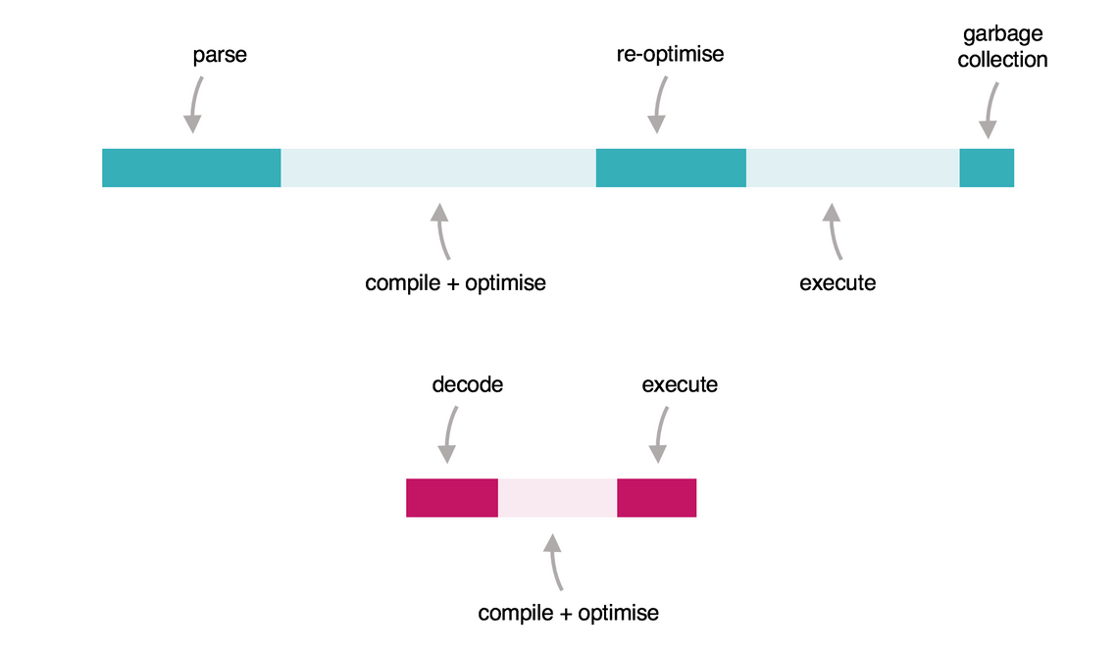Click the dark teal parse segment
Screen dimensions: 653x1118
click(191, 168)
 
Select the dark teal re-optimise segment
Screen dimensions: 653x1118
click(671, 168)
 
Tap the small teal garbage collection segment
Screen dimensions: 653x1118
click(987, 168)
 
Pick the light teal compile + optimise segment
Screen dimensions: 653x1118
click(438, 168)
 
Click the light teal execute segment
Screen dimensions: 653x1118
click(852, 168)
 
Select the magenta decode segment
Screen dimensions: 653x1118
click(452, 498)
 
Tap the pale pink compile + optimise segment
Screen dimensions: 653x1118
click(558, 498)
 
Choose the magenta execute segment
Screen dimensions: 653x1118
click(656, 498)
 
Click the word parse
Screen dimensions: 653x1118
click(220, 54)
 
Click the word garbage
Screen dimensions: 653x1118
click(1002, 34)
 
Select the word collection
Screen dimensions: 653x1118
click(1002, 60)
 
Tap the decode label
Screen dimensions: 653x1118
click(468, 384)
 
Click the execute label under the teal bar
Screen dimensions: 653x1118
click(838, 283)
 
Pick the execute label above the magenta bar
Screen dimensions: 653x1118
click(680, 384)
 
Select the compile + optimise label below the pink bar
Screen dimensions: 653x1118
click(569, 614)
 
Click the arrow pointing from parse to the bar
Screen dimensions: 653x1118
click(195, 103)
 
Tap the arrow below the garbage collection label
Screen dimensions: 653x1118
click(991, 111)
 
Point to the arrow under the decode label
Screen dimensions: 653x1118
click(449, 433)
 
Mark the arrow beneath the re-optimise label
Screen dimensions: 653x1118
click(659, 103)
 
